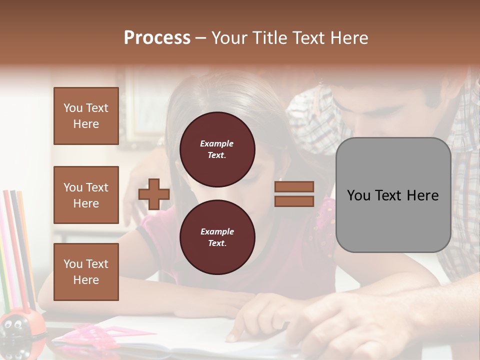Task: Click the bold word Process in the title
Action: (x=157, y=38)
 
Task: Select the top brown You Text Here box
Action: (x=86, y=116)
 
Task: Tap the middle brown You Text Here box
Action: (x=86, y=195)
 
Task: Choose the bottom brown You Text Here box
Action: (x=86, y=272)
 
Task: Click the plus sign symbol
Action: (x=154, y=194)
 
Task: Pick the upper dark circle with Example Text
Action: (x=217, y=149)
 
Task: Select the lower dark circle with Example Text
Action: (x=217, y=237)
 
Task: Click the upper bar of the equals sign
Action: (x=294, y=186)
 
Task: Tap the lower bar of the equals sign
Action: (x=294, y=201)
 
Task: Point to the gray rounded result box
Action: (x=393, y=195)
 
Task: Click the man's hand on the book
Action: (x=345, y=320)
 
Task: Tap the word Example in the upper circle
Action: (x=216, y=143)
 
